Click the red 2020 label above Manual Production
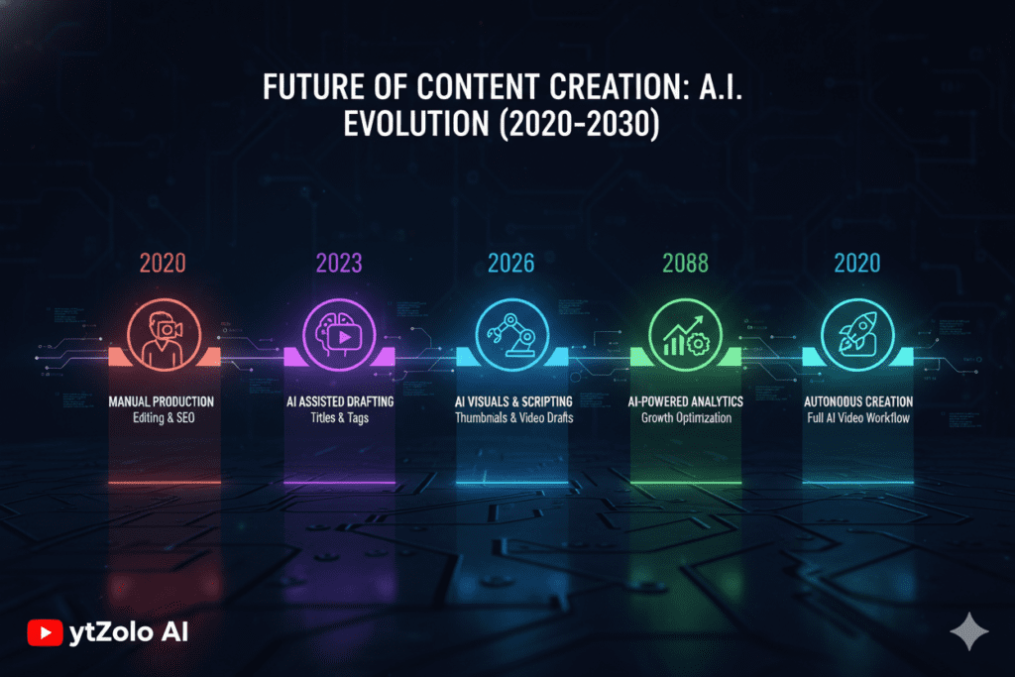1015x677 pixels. pyautogui.click(x=164, y=263)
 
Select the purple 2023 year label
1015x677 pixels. pyautogui.click(x=338, y=263)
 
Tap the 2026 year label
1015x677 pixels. pyautogui.click(x=511, y=263)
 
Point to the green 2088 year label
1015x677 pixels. pyautogui.click(x=684, y=263)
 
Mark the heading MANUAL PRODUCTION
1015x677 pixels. pyautogui.click(x=163, y=402)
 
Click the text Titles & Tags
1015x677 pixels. pyautogui.click(x=337, y=419)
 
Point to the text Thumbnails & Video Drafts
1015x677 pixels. pyautogui.click(x=510, y=419)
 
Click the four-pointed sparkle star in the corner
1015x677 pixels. pyautogui.click(x=962, y=629)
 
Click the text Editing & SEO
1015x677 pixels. pyautogui.click(x=163, y=419)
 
